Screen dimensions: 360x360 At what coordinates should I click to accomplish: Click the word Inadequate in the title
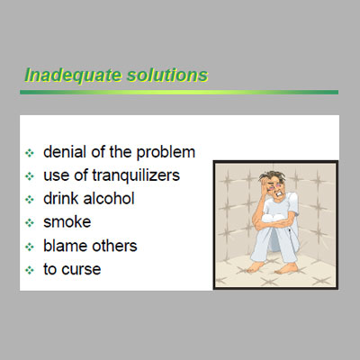coord(73,75)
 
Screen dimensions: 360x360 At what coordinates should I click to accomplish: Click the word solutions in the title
coord(167,75)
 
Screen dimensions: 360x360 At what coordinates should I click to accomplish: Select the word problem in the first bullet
coord(166,153)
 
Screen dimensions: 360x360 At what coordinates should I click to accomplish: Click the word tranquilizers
coord(136,175)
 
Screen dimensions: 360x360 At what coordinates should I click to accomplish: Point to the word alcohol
coord(109,199)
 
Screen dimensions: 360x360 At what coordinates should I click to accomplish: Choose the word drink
coord(61,199)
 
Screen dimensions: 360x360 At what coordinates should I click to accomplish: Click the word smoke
coord(67,222)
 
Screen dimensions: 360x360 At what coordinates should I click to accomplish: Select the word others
coord(114,246)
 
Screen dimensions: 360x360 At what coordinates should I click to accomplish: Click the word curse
coord(81,269)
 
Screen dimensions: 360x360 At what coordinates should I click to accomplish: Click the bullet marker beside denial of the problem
coord(30,153)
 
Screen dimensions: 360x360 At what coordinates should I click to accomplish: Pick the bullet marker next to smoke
coord(30,223)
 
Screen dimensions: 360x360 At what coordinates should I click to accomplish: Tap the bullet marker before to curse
coord(30,270)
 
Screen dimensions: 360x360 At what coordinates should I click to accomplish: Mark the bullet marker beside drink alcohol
coord(30,200)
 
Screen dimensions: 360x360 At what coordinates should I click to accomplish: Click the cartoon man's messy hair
coord(273,176)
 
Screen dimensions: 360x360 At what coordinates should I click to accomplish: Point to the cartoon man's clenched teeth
coord(280,193)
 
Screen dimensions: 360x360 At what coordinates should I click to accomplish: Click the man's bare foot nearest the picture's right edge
coord(287,268)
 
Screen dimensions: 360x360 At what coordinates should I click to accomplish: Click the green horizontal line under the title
coord(179,92)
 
